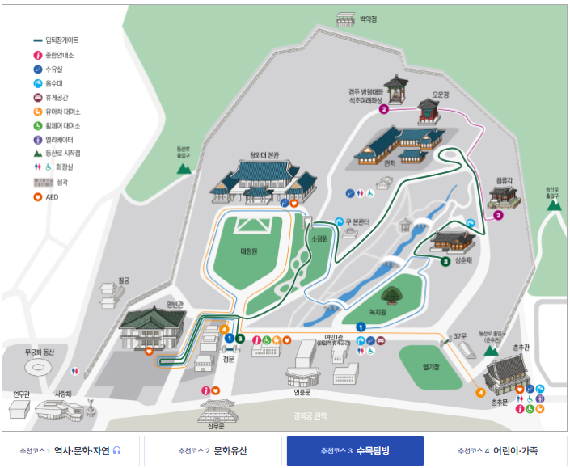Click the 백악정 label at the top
pos(369,19)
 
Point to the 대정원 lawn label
pos(248,251)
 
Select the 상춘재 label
pos(463,261)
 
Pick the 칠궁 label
pos(124,280)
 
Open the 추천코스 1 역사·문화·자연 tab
pos(70,450)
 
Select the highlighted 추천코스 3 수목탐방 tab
pos(355,450)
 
